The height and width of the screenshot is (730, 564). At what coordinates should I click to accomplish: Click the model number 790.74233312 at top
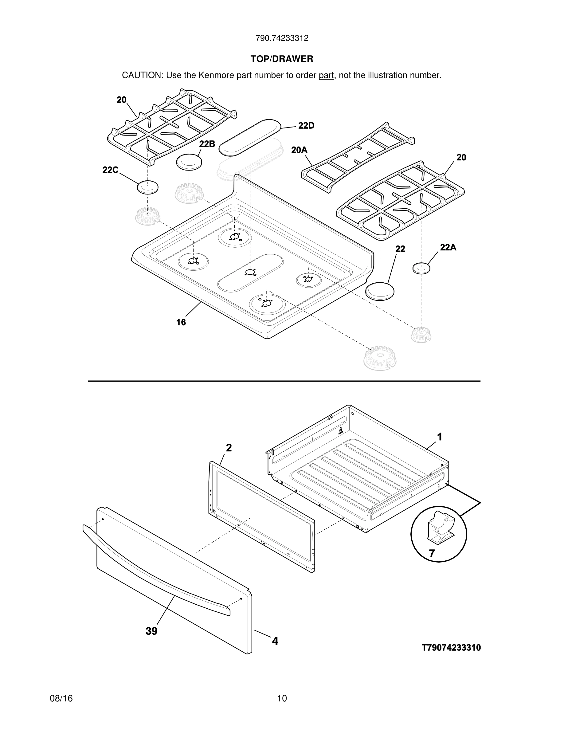point(282,38)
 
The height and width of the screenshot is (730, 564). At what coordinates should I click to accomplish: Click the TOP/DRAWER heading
point(282,59)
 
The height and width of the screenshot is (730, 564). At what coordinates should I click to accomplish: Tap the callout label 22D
point(306,126)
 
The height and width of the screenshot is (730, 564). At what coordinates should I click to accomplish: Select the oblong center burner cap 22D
point(251,137)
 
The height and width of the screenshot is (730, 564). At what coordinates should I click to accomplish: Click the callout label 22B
point(207,144)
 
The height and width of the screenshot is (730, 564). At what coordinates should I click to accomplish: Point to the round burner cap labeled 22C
point(148,187)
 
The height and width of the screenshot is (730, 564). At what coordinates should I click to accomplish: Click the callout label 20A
point(299,150)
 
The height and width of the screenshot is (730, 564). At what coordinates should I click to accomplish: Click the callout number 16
point(181,322)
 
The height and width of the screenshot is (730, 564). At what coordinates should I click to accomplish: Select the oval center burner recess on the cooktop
point(251,273)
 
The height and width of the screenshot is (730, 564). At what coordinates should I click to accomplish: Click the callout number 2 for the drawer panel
point(229,448)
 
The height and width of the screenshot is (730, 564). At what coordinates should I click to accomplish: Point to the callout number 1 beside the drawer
point(440,437)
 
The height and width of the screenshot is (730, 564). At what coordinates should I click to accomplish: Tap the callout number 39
point(151,631)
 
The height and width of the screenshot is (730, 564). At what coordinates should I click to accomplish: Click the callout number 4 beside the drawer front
point(275,641)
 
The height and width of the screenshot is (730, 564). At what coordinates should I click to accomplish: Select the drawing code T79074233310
point(451,648)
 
